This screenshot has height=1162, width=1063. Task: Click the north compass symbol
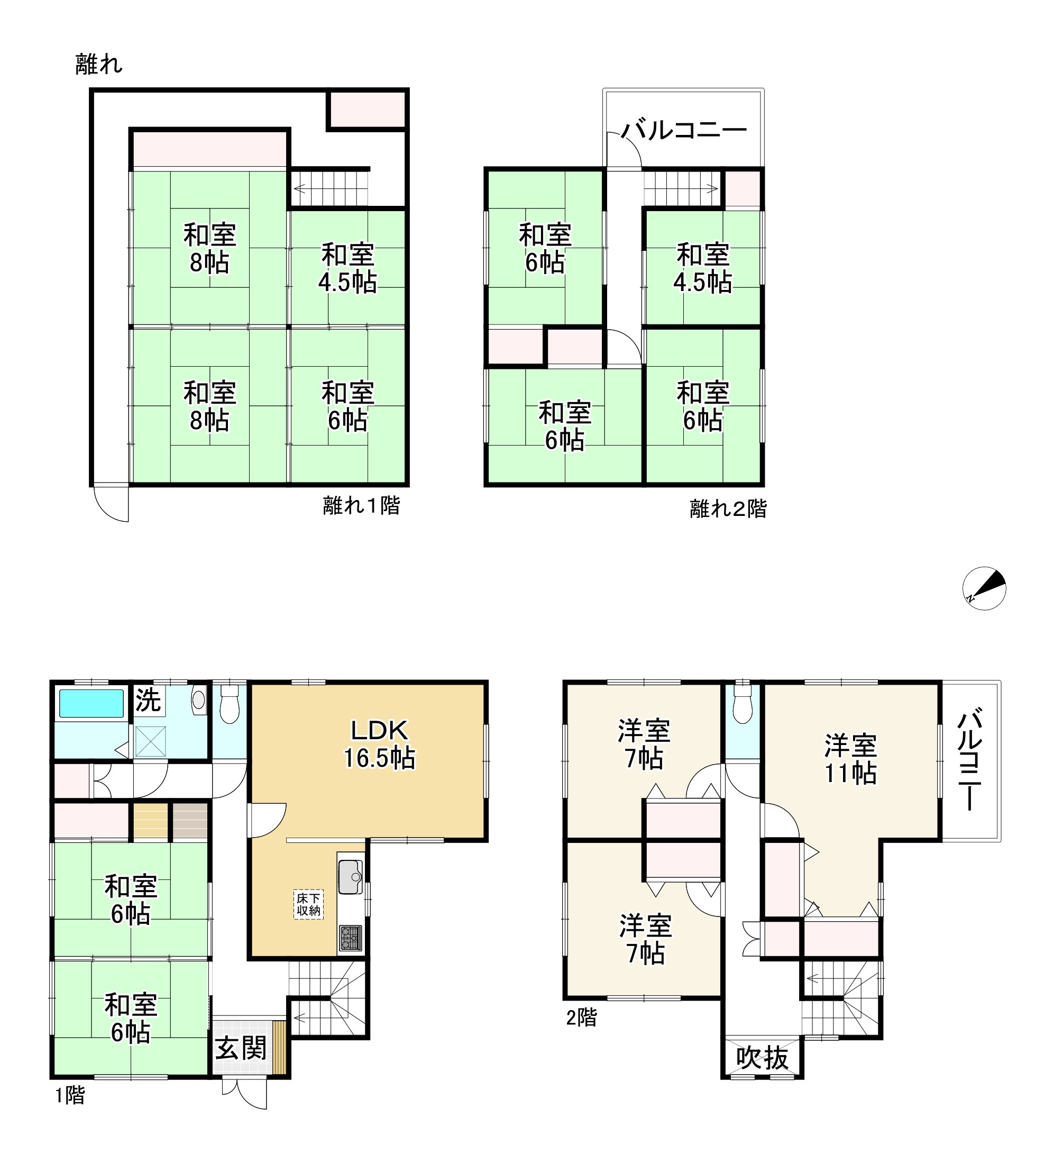[x=984, y=588]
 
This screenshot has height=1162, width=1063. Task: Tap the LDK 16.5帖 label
[x=380, y=745]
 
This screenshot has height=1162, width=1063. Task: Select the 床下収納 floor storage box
[x=308, y=904]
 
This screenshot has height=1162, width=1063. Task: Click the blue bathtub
[x=91, y=704]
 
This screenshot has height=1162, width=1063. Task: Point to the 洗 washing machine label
[x=148, y=700]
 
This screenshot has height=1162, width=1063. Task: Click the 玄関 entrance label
[x=241, y=1048]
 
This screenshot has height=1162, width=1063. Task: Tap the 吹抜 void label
[x=762, y=1058]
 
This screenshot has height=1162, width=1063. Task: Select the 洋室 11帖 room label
[x=850, y=759]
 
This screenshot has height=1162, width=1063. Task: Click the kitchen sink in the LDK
[x=351, y=877]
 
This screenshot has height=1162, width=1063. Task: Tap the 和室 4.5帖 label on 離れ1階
[x=348, y=269]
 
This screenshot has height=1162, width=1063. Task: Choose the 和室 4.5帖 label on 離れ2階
[x=703, y=269]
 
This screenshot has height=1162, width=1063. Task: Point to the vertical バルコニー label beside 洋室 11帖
[x=970, y=761]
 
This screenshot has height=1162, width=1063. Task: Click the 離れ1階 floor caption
[x=361, y=505]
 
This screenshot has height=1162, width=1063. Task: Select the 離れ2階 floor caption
[x=728, y=509]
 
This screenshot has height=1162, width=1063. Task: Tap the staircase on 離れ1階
[x=329, y=188]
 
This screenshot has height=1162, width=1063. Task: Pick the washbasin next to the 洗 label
[x=199, y=700]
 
